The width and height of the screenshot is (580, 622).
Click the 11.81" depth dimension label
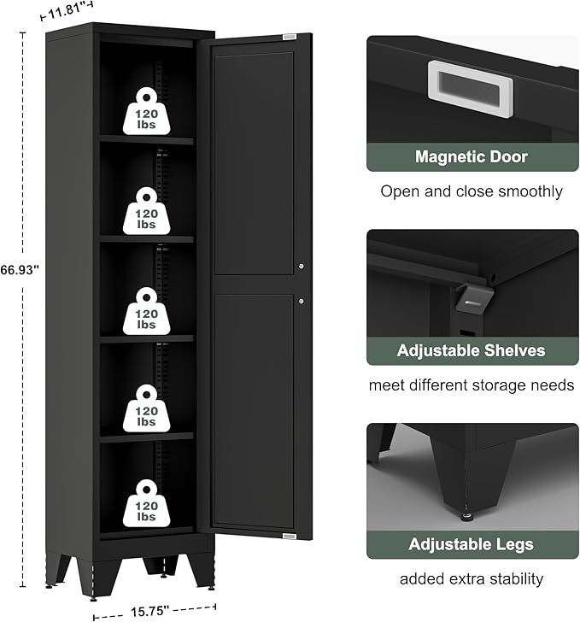[68, 13]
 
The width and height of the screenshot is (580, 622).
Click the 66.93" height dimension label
[20, 268]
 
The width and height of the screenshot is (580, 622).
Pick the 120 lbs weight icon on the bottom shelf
[146, 502]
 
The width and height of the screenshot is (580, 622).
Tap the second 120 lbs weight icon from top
[146, 209]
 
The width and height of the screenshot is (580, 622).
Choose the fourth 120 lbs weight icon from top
[146, 407]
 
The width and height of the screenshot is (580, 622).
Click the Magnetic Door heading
[472, 156]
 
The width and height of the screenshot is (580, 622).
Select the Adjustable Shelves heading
[472, 350]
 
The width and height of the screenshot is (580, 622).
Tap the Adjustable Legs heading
[472, 544]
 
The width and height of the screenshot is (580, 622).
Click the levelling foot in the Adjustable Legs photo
[469, 516]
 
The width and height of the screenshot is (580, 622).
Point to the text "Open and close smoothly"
[472, 191]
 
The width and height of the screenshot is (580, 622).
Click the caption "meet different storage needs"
[472, 385]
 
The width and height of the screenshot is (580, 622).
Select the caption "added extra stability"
[472, 579]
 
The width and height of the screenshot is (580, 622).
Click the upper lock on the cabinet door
[302, 267]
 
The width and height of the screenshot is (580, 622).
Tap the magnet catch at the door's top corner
[290, 37]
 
